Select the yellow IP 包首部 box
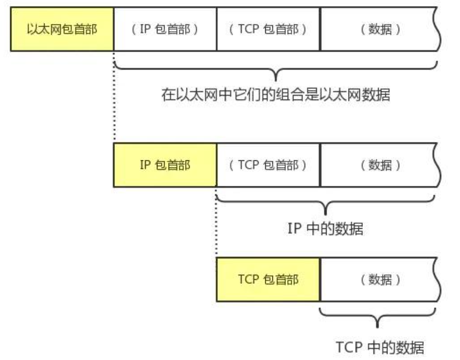tap(165, 165)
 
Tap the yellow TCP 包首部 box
tap(268, 279)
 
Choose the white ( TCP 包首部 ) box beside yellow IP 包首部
tap(268, 165)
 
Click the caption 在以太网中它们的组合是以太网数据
tap(276, 95)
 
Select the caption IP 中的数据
tap(326, 229)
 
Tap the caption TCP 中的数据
tap(379, 347)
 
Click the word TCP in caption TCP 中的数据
tap(346, 347)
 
